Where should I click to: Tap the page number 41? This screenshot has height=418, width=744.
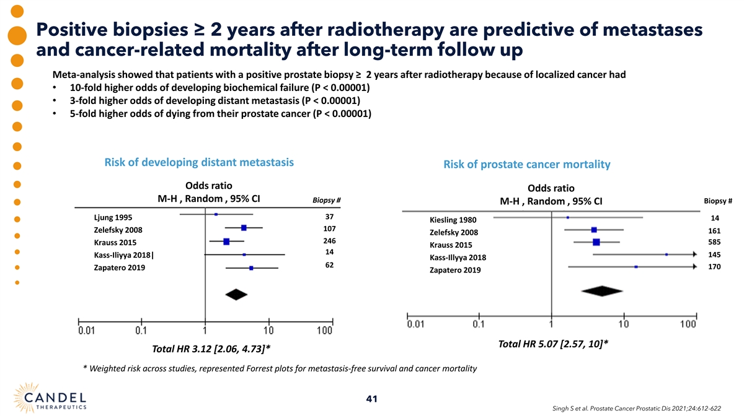(372, 399)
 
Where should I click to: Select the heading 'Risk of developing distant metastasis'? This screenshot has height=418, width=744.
(199, 163)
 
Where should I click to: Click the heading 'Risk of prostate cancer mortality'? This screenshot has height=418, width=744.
(527, 165)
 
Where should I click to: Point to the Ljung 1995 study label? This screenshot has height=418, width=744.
(112, 217)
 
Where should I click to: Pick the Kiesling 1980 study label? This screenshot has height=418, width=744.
(453, 220)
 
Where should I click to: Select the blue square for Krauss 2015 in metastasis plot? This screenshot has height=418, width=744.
(226, 242)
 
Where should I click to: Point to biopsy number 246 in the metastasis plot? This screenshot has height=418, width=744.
(329, 240)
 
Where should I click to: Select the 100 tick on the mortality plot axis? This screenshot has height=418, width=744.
(688, 324)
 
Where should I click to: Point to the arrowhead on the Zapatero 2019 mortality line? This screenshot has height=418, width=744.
(694, 267)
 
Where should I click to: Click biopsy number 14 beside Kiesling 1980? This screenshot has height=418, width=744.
(715, 218)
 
